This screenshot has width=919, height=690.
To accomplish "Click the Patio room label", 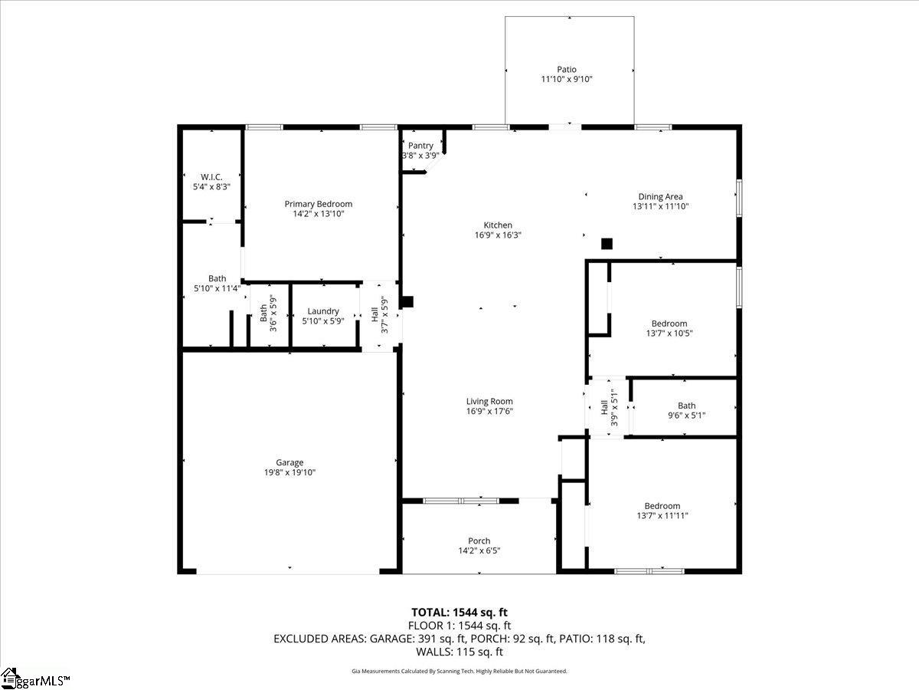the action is (x=567, y=70).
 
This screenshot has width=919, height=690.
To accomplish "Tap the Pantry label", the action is (x=420, y=146).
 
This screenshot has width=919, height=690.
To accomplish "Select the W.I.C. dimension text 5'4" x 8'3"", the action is (x=211, y=187).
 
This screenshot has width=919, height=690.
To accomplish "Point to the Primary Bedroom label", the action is (x=318, y=204).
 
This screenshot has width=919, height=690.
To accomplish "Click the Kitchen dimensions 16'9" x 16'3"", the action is (x=498, y=235).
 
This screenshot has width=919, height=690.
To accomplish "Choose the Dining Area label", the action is (x=660, y=196).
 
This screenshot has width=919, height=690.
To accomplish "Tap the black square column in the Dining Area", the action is (x=607, y=244).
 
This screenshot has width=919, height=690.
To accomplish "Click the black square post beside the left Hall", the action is (x=407, y=301).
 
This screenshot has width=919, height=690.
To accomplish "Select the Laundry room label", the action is (x=323, y=311).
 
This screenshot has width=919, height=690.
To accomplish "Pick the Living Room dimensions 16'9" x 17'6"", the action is (x=489, y=412).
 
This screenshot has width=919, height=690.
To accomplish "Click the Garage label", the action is (x=289, y=462).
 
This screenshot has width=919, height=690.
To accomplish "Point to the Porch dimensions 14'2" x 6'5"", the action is (x=479, y=550).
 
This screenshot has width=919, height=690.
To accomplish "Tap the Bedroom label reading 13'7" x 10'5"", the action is (x=669, y=328).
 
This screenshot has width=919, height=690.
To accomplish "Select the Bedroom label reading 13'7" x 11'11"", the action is (x=662, y=511).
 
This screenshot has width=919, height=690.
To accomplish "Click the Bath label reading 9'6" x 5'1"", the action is (x=687, y=411).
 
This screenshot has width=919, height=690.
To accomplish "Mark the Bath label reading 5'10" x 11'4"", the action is (x=217, y=283).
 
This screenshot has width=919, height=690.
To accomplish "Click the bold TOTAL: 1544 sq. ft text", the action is (x=459, y=613).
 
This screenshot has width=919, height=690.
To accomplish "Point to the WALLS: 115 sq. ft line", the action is (x=459, y=652).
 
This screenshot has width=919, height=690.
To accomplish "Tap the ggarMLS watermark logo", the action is (x=35, y=678).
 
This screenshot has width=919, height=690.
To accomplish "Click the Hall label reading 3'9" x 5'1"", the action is (x=609, y=407).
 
